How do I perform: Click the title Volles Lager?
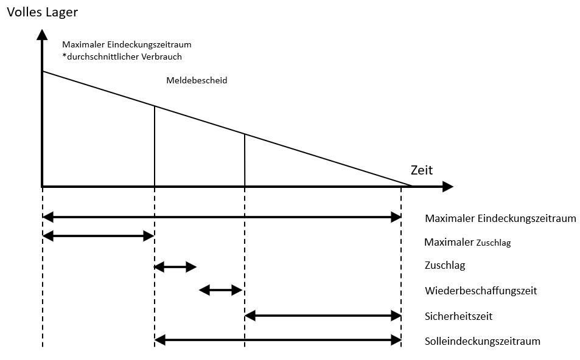[42, 12]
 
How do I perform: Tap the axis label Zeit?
[422, 170]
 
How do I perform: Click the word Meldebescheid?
[197, 80]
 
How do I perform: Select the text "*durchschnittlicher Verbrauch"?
[122, 57]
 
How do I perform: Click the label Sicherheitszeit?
[458, 316]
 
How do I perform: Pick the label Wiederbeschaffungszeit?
[481, 291]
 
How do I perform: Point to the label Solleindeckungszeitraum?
[483, 341]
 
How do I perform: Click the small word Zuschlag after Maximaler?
[494, 243]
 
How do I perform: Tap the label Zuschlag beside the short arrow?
[445, 265]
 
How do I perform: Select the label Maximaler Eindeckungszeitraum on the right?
[500, 218]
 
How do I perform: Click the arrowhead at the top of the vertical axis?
[43, 35]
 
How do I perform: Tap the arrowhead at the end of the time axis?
[447, 187]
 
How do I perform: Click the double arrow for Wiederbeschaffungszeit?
[220, 290]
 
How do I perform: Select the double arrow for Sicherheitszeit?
[323, 316]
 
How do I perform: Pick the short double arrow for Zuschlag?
[175, 266]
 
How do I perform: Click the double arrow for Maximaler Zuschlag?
[99, 236]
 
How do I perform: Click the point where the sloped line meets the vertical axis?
[43, 71]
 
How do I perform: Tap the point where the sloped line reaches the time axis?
[411, 185]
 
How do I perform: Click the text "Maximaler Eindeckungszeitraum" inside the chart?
[127, 45]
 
